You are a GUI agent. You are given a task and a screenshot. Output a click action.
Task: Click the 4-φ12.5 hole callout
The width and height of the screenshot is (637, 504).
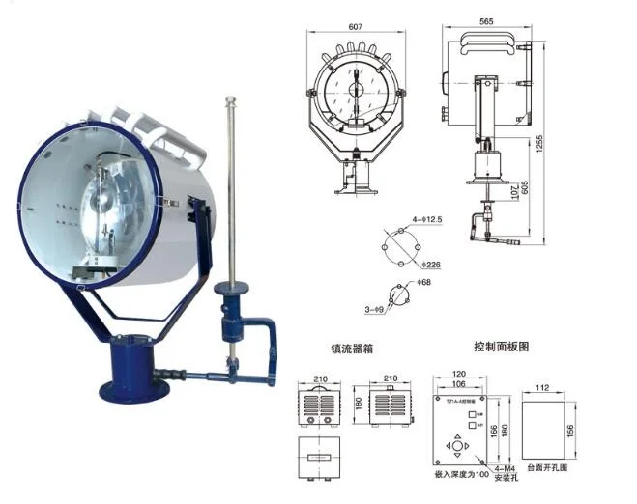[425, 221]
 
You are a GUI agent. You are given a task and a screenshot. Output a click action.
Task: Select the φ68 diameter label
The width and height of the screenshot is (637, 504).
[422, 282]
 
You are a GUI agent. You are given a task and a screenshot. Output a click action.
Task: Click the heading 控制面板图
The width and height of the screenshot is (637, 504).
[502, 346]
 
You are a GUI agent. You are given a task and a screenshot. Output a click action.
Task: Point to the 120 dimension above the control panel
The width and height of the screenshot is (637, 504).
[460, 372]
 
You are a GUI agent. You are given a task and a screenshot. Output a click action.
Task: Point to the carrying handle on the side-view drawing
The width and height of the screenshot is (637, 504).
[489, 40]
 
